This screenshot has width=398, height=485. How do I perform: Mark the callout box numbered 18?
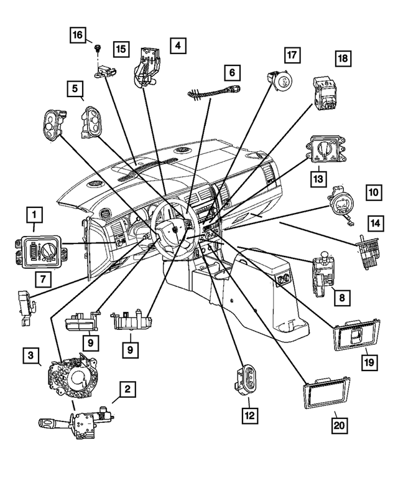tap(343, 59)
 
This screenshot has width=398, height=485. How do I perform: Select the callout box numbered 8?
tap(340, 298)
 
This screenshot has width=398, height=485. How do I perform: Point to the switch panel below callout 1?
tap(36, 251)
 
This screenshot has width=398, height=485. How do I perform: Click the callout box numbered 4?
tap(177, 45)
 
